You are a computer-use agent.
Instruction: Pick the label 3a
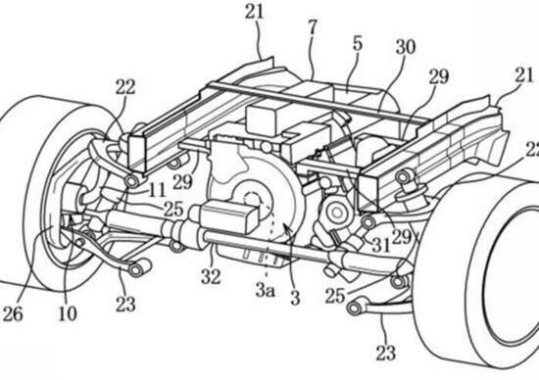point(265,289)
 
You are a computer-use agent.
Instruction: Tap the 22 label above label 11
point(124,86)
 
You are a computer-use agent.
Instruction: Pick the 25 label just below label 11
point(173,209)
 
